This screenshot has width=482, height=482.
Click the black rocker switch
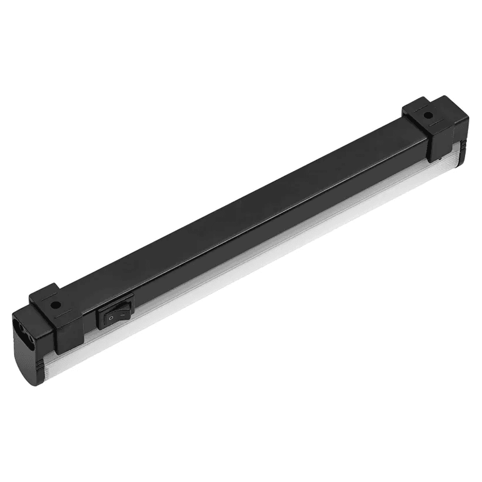tap(116, 309)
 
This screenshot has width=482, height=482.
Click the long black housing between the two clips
tap(241, 205)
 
